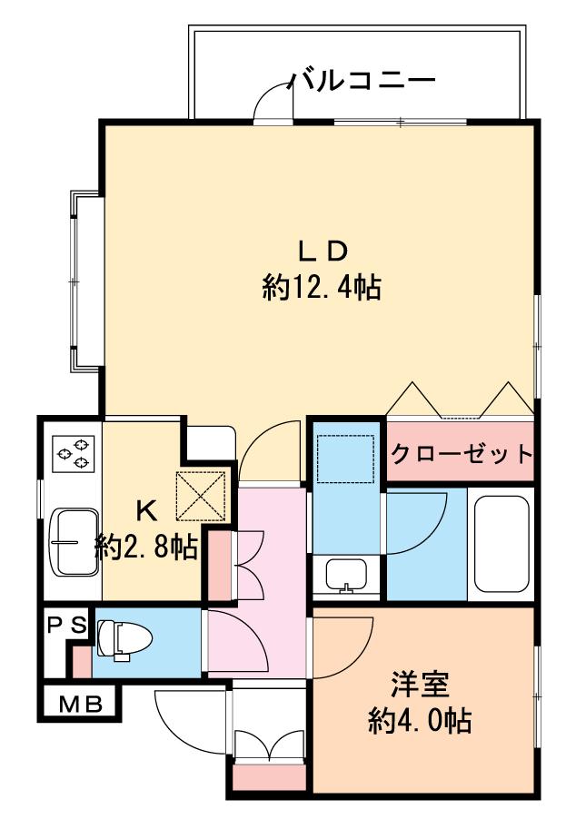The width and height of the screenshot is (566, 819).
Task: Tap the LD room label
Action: tap(320, 251)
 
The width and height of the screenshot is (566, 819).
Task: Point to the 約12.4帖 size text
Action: tap(321, 289)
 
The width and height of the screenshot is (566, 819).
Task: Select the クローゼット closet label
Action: tap(461, 452)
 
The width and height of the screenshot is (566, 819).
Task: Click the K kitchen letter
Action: tap(146, 509)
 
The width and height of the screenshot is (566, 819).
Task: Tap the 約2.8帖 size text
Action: tap(147, 547)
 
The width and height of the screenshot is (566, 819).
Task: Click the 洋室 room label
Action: tap(419, 683)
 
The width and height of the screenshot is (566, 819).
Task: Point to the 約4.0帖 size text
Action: tap(419, 722)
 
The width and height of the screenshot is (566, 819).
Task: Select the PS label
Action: tap(66, 625)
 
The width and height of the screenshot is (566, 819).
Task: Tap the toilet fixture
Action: tap(124, 638)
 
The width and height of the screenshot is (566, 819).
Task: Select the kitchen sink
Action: tap(75, 541)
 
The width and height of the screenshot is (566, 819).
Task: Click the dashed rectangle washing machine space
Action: tap(345, 459)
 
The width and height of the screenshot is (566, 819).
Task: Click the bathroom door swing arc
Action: tap(414, 521)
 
